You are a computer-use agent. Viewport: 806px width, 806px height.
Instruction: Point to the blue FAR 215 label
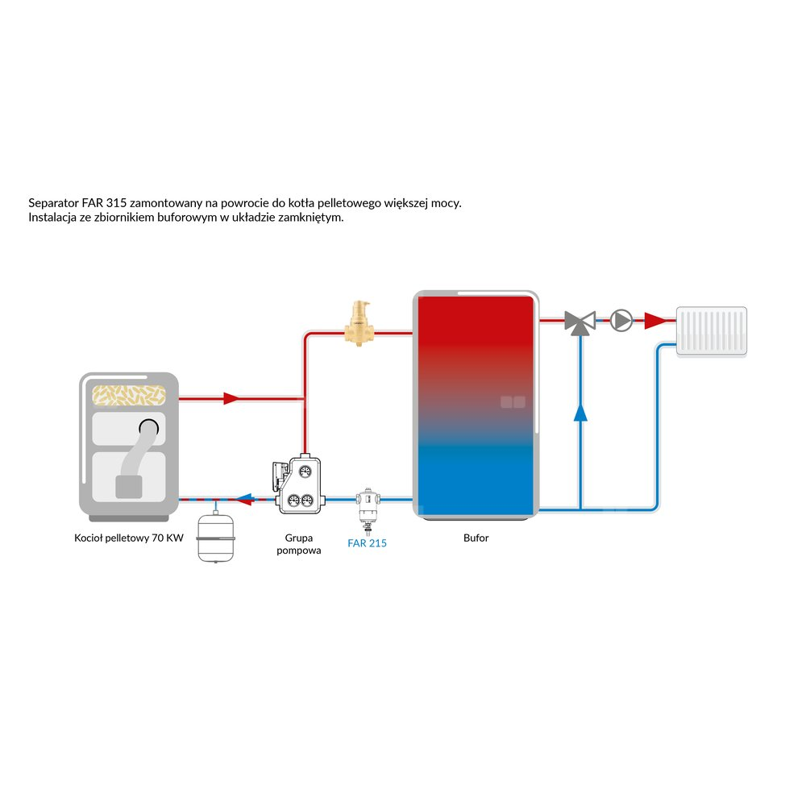pos(367,543)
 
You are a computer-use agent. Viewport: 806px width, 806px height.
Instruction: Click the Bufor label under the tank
pos(477,538)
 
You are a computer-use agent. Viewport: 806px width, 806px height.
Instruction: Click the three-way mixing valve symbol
pos(579,322)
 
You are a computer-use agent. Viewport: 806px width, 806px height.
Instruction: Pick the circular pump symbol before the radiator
pos(621,320)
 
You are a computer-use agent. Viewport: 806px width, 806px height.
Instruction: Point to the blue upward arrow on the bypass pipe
pos(580,413)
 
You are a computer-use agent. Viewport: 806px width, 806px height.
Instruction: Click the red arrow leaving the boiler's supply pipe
pos(232,398)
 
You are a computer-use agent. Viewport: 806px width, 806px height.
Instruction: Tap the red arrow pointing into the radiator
pos(657,321)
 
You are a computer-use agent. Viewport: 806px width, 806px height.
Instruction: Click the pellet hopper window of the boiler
pos(129,394)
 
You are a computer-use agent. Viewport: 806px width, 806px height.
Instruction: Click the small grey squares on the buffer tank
pos(513,401)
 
